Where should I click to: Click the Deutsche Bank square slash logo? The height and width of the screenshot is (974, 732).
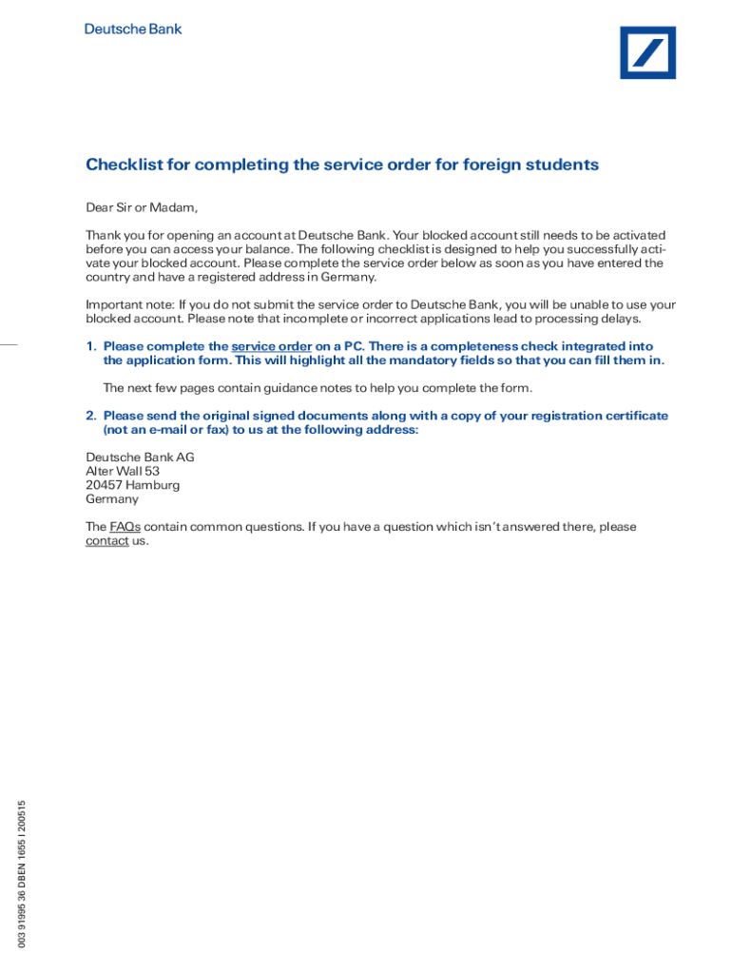[x=647, y=52]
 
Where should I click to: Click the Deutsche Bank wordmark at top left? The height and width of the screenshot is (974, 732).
[x=133, y=29]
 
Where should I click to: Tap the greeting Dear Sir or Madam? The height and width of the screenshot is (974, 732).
[x=142, y=208]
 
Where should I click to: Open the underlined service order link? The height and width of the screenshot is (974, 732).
[x=271, y=347]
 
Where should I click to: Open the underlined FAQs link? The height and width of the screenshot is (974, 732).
[x=125, y=527]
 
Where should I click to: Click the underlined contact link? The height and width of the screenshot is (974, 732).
[x=106, y=541]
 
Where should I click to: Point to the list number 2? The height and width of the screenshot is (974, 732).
[x=91, y=416]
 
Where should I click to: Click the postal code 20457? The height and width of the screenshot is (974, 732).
[x=104, y=485]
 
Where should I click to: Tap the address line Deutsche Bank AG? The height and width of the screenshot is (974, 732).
[x=140, y=458]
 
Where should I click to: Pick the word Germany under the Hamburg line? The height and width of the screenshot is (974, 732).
[x=112, y=499]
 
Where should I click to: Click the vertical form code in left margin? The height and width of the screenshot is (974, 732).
[x=21, y=872]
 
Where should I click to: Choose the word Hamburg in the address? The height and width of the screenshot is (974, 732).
[x=152, y=485]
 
